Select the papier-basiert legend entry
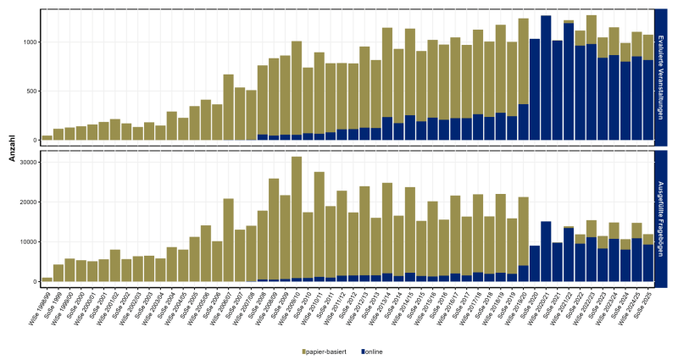(329, 351)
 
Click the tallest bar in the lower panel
(297, 220)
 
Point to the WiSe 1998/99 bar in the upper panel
(47, 137)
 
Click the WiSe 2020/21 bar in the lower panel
(546, 252)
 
